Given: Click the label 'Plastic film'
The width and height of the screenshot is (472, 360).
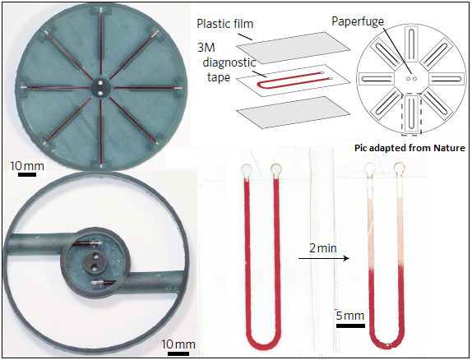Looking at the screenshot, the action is click(x=224, y=24).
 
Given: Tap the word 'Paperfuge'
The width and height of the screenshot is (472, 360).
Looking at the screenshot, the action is click(x=358, y=21).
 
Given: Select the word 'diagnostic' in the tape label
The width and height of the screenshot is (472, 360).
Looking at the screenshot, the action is click(x=229, y=62).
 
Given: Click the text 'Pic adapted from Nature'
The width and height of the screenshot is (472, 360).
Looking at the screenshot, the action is click(x=410, y=148).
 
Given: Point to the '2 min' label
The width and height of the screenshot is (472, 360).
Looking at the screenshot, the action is click(x=322, y=248).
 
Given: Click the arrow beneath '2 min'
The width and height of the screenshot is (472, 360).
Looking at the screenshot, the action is click(x=324, y=258).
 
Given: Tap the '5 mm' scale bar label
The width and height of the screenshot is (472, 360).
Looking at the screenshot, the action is click(x=350, y=316).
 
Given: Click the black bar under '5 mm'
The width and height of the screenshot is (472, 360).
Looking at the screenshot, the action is click(x=350, y=325).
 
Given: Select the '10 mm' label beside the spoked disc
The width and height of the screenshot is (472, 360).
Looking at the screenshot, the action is click(x=27, y=166).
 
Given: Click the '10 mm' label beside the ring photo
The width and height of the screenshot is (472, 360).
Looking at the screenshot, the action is click(x=178, y=344).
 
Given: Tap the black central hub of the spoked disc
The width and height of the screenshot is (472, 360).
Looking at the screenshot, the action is click(x=100, y=88).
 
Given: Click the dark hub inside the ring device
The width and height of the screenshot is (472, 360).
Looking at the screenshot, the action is click(x=94, y=262).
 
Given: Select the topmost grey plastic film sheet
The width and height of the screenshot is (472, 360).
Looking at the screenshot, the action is click(x=294, y=48).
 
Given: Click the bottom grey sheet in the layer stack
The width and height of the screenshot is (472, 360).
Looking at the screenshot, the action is click(x=294, y=113).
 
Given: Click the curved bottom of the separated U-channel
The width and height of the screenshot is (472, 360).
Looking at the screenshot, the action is click(x=386, y=343).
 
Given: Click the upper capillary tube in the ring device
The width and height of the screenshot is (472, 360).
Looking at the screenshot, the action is click(x=88, y=243).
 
